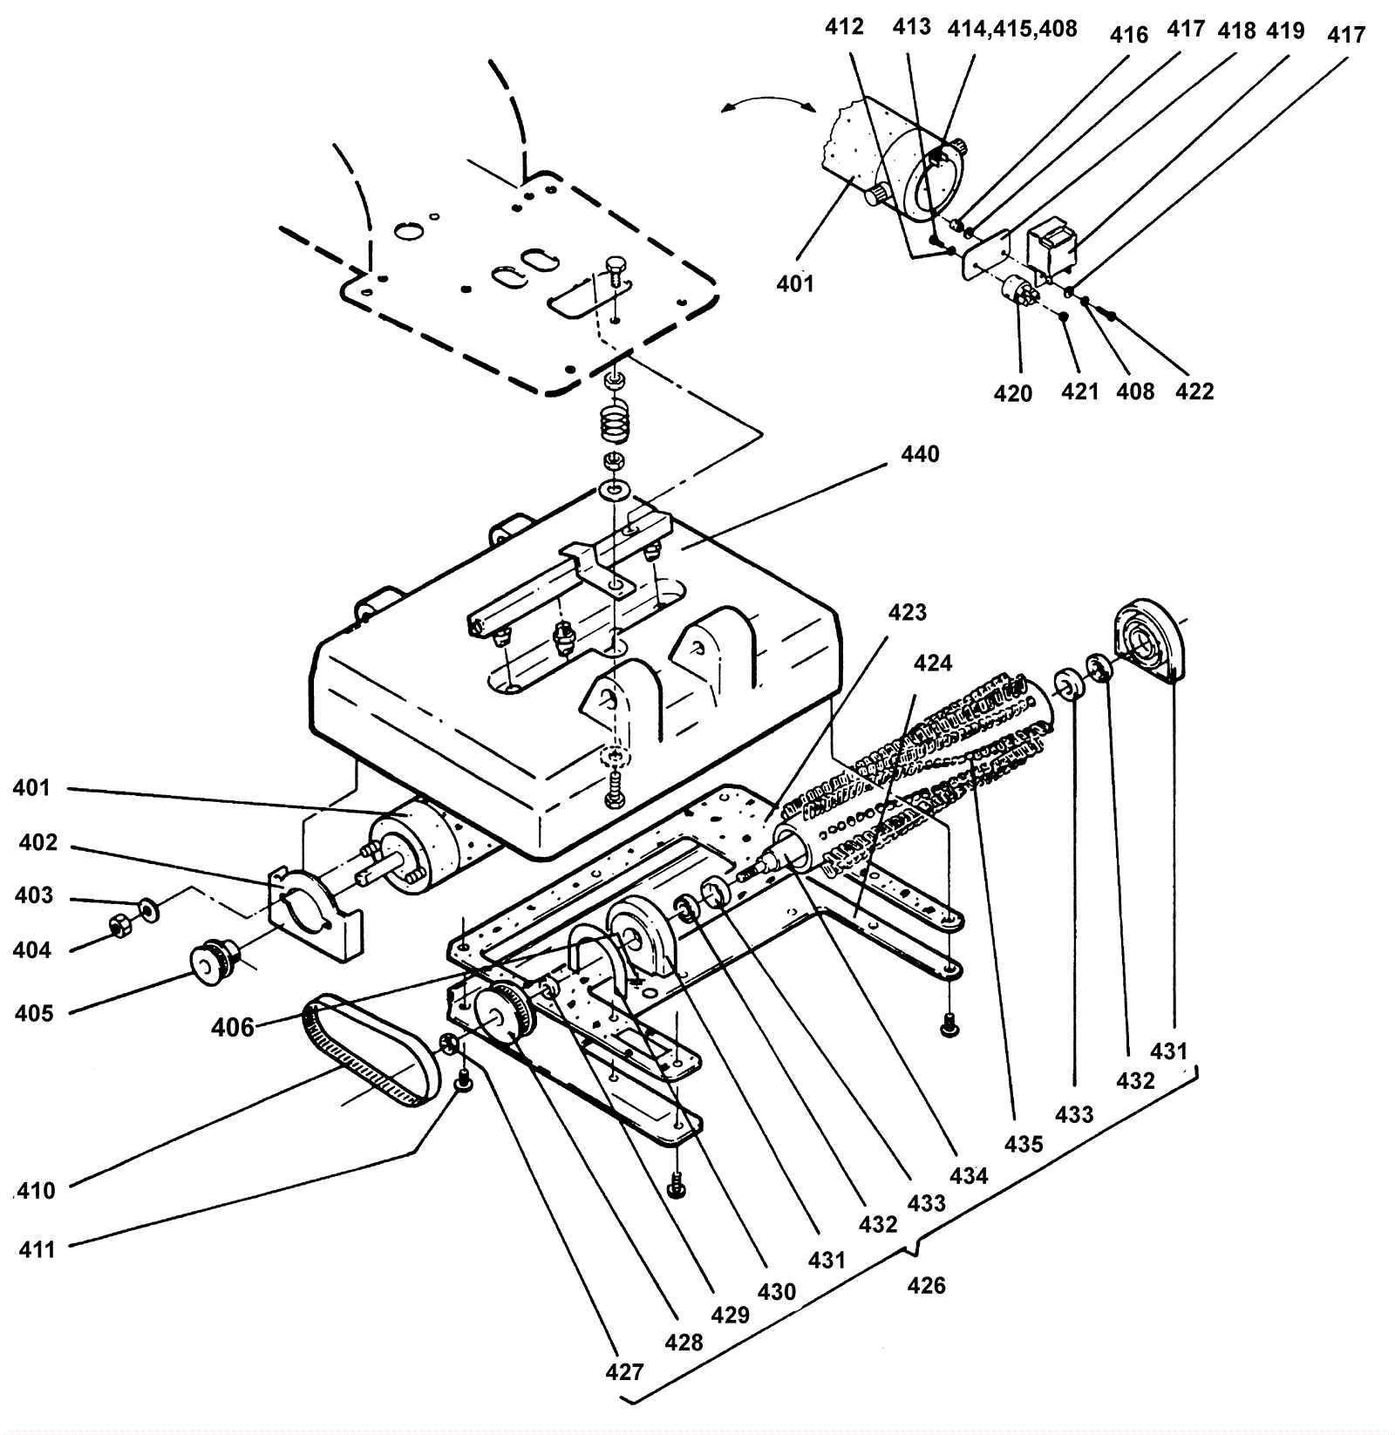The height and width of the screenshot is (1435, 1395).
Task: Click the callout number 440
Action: pos(921,453)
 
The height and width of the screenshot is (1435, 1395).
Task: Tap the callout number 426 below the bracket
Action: pos(926,1285)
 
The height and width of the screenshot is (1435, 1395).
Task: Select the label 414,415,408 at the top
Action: pos(1012,30)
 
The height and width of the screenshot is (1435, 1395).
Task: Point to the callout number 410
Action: pos(37,1190)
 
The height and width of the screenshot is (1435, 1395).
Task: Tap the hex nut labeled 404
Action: pos(118,926)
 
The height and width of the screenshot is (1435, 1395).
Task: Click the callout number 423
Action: pos(907,612)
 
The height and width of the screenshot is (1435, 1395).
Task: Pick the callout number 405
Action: pos(33,1012)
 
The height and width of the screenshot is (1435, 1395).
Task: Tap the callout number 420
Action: pos(1012,393)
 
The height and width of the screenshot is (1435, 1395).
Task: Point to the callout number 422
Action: pos(1194,391)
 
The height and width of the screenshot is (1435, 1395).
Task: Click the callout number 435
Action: pos(1023,1143)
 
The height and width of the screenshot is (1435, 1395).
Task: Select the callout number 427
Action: pos(624,1371)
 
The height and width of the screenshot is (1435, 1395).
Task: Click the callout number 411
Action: pos(37,1248)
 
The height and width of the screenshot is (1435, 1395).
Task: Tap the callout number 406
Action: pos(233,1028)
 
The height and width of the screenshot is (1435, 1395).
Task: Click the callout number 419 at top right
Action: pos(1285,31)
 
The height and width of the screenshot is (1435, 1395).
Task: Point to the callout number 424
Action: pos(932,663)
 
